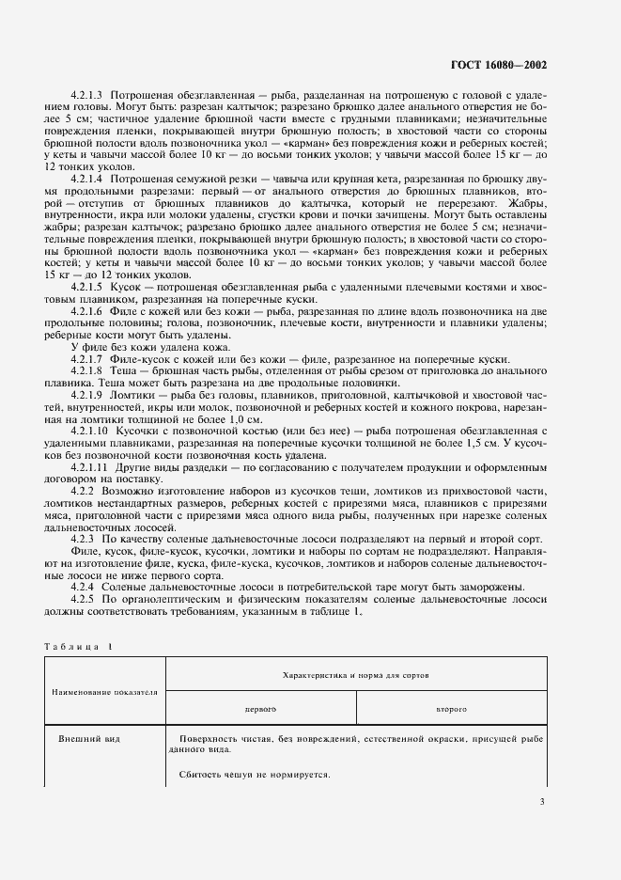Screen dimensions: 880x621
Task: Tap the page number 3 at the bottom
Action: [x=542, y=801]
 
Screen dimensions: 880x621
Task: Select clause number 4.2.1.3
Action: [x=88, y=96]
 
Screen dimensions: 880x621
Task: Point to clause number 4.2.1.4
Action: [x=88, y=177]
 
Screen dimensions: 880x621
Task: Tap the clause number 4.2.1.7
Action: [x=88, y=360]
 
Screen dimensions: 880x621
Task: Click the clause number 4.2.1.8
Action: [x=88, y=372]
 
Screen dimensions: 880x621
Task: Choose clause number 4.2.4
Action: [x=85, y=587]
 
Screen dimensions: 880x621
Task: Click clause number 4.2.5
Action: [x=85, y=600]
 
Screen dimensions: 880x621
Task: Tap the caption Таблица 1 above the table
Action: [x=77, y=647]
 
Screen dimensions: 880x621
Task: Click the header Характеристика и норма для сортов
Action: [x=356, y=675]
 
